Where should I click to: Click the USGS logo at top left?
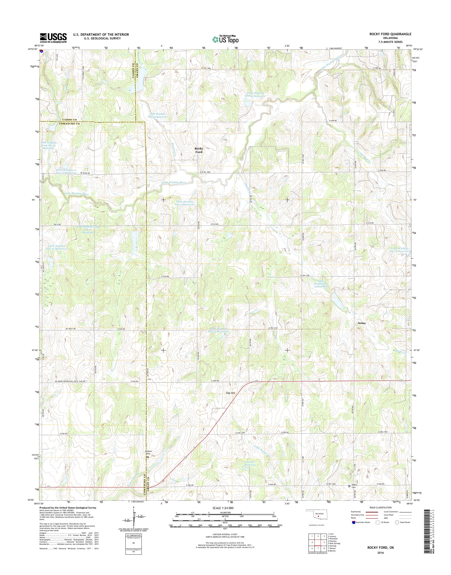(53, 38)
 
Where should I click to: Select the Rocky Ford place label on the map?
(198, 150)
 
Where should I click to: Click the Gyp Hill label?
(230, 393)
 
